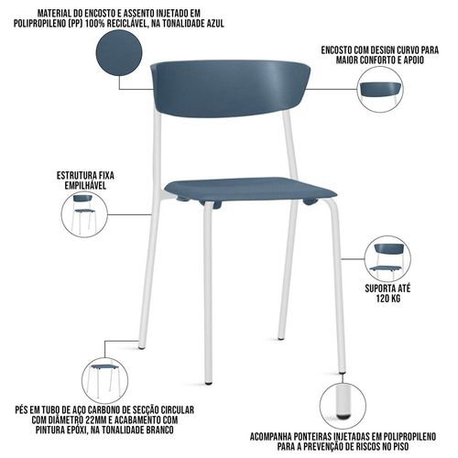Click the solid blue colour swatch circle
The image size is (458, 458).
[x=119, y=52]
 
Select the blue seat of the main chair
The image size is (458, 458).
[x=250, y=191]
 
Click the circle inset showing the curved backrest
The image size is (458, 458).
[x=380, y=90]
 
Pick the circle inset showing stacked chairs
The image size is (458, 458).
[x=84, y=214]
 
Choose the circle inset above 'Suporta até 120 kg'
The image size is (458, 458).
[x=387, y=259]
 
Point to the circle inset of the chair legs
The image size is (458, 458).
[x=105, y=380]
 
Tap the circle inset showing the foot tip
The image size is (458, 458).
[x=343, y=406]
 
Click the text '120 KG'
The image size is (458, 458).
[x=387, y=299]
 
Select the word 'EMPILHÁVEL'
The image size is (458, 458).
[x=85, y=185]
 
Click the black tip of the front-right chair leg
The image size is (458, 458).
[x=343, y=373]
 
